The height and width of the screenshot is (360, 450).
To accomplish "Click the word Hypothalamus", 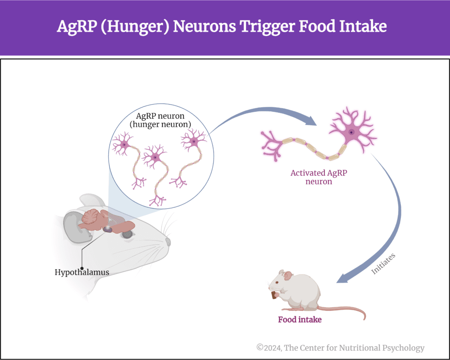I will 82,272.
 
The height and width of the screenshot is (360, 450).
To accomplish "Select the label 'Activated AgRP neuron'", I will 318,177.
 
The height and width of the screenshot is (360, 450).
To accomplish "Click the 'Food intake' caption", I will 300,320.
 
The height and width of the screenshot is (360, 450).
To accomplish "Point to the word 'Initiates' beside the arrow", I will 384,263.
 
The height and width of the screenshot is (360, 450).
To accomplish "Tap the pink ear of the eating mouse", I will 288,276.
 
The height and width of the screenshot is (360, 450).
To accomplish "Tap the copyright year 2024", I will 272,348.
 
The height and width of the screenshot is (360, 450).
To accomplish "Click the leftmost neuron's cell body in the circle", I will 124,145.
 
